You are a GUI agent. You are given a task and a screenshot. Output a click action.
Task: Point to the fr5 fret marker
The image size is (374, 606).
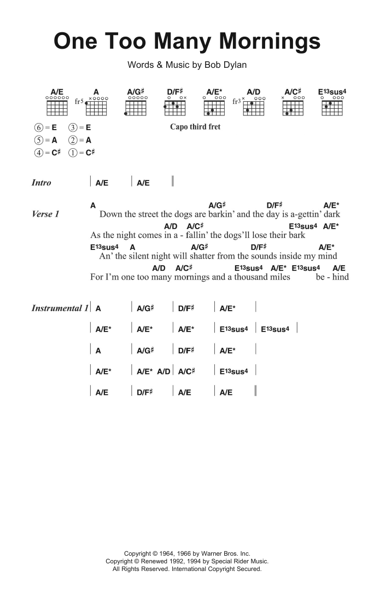(x=79, y=101)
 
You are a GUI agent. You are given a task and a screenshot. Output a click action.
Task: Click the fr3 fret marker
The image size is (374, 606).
(x=236, y=101)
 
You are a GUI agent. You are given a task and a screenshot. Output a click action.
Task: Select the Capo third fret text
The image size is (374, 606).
(x=195, y=127)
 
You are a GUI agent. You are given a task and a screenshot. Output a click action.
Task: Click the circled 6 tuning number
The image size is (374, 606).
(x=38, y=127)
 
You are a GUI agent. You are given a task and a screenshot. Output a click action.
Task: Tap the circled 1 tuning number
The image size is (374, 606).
(x=73, y=153)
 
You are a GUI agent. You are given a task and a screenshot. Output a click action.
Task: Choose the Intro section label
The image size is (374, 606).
(x=42, y=183)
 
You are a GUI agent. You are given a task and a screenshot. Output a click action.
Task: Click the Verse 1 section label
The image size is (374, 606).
(x=45, y=214)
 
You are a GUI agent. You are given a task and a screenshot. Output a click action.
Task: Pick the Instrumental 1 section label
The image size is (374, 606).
(x=60, y=308)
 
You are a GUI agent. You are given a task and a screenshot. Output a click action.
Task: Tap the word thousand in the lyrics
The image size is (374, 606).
(x=249, y=277)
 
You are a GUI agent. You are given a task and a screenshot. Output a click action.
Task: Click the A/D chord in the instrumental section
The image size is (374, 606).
(x=163, y=371)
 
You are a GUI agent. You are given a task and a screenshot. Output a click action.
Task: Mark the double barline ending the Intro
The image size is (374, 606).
(x=173, y=183)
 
